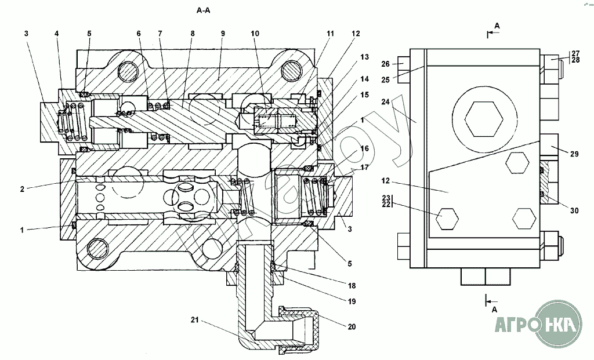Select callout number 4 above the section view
(x=57, y=34)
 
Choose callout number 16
(x=364, y=148)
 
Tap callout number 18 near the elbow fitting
(x=352, y=286)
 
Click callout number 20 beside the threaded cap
(x=352, y=326)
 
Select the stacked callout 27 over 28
(x=574, y=56)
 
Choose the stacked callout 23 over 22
(x=386, y=200)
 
